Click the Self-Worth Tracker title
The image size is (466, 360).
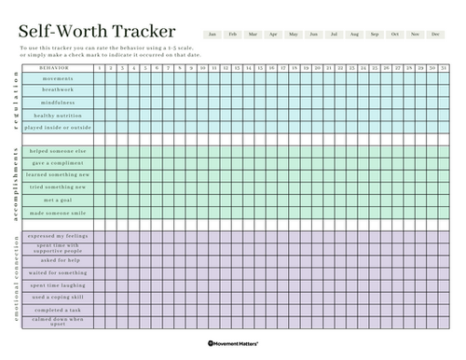(x=98, y=31)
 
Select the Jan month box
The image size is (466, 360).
(x=213, y=34)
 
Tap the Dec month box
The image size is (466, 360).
(x=435, y=34)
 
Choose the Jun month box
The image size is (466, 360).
(x=314, y=34)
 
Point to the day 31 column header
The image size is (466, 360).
(x=444, y=68)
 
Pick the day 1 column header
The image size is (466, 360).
(x=100, y=68)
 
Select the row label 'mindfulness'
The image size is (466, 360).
(x=59, y=103)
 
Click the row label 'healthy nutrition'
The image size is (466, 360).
(x=59, y=115)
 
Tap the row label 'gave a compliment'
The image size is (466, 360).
(x=59, y=163)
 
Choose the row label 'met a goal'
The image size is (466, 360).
(x=59, y=200)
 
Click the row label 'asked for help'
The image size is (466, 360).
(x=59, y=261)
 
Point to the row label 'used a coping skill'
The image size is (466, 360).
(x=59, y=297)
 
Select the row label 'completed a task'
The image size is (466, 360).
(x=59, y=309)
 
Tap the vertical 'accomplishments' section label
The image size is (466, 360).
(x=16, y=182)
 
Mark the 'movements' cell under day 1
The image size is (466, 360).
(x=100, y=79)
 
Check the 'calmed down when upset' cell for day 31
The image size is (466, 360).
(x=444, y=322)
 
